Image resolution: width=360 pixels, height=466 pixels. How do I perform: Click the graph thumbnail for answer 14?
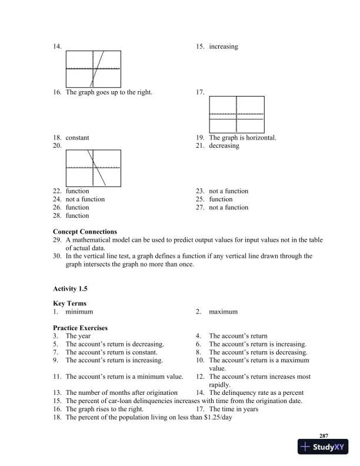(93, 68)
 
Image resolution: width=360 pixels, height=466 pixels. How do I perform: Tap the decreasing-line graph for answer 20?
(93, 168)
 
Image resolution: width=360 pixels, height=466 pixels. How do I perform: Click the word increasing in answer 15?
(224, 46)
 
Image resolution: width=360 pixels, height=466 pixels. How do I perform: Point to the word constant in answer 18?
(78, 138)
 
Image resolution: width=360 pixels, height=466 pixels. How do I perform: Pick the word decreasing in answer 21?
(224, 146)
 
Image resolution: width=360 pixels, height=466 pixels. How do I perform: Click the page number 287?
(324, 435)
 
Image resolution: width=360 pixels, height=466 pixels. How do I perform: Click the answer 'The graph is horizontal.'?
(242, 138)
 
